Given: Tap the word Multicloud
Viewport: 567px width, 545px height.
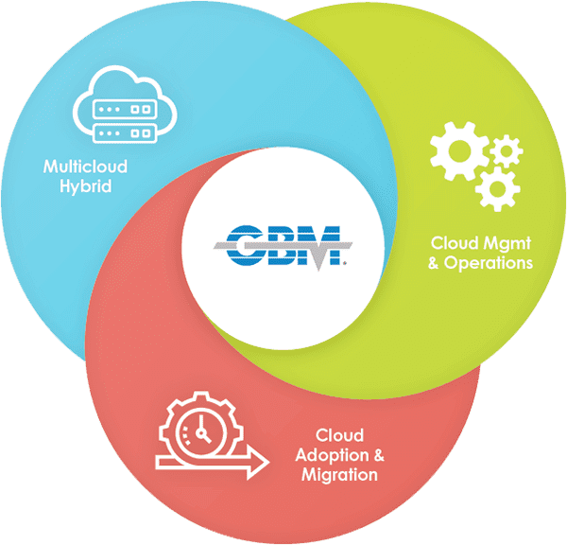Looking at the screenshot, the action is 85,167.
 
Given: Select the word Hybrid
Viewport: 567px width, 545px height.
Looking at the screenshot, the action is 86,186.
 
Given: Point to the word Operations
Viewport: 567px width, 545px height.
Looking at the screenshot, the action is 489,263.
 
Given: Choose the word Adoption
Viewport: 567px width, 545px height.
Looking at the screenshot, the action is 332,455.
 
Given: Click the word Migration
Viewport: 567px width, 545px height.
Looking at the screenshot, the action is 339,475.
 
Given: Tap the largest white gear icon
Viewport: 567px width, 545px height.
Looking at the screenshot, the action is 459,151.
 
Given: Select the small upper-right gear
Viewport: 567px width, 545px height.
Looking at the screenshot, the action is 507,150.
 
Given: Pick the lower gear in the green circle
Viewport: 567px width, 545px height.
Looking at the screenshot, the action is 498,188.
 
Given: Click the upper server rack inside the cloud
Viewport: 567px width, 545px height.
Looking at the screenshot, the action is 125,109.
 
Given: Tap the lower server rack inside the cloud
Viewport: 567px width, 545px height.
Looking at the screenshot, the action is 125,133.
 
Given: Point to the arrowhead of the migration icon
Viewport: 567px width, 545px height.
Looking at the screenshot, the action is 258,463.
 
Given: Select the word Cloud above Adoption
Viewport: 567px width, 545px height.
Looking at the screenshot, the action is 339,435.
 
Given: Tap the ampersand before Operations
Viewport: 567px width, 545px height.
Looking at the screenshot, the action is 434,263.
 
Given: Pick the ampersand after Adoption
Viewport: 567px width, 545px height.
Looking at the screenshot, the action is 379,455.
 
